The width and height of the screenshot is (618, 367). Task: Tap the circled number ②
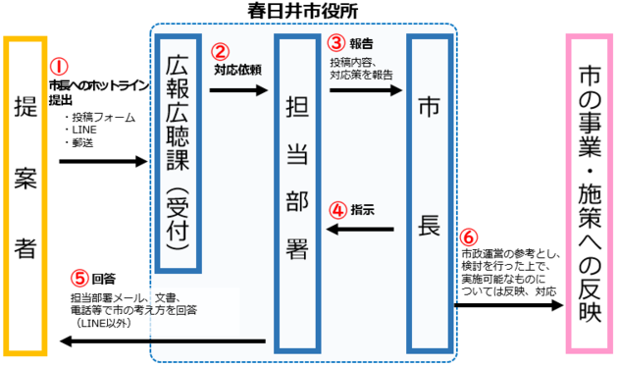click(x=222, y=52)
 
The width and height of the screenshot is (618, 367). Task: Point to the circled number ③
click(x=336, y=43)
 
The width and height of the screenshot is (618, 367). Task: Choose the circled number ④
click(x=337, y=210)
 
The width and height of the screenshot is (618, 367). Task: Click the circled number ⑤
click(x=79, y=277)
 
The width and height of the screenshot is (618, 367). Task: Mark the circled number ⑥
click(x=468, y=238)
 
